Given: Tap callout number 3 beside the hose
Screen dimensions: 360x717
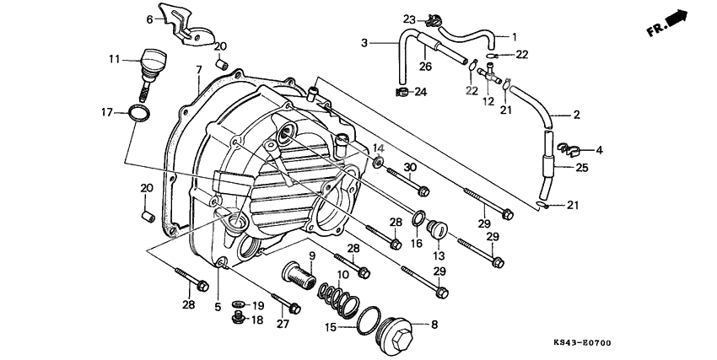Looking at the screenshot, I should click(x=364, y=42).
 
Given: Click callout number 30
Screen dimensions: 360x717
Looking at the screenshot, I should click(x=411, y=167).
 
